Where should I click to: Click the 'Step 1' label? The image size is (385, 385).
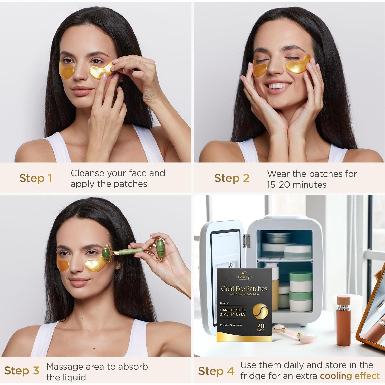point(36,178)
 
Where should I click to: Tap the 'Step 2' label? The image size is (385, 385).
point(232,178)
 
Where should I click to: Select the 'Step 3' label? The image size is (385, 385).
point(22,371)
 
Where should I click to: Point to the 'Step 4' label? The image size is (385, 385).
point(216,371)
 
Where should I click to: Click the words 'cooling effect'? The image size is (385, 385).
point(350,376)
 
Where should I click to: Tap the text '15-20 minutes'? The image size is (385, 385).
point(297,185)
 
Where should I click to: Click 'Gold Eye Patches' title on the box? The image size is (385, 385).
point(244,289)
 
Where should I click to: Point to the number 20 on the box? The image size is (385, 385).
point(261,326)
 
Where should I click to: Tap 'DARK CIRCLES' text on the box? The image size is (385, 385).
point(233,310)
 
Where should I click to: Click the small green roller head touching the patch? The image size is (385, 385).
point(106,254)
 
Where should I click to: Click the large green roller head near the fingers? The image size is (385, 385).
point(160,248)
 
